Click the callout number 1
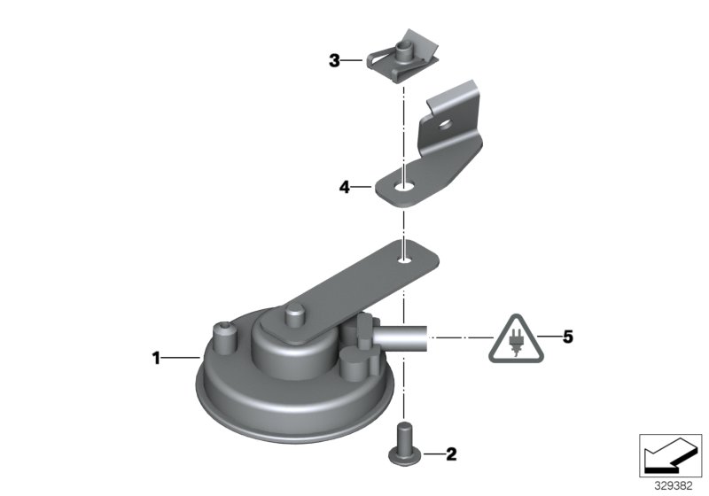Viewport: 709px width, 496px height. (x=156, y=358)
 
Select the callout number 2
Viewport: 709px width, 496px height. (x=451, y=454)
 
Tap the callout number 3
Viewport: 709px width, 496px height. (x=334, y=60)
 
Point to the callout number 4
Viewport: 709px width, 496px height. (x=345, y=187)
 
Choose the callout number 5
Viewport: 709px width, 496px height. (x=568, y=337)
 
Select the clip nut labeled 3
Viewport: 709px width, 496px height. (x=402, y=57)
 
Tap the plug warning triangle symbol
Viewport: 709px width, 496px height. (x=516, y=340)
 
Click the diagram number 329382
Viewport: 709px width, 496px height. (x=674, y=486)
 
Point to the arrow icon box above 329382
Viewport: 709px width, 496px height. (x=670, y=455)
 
